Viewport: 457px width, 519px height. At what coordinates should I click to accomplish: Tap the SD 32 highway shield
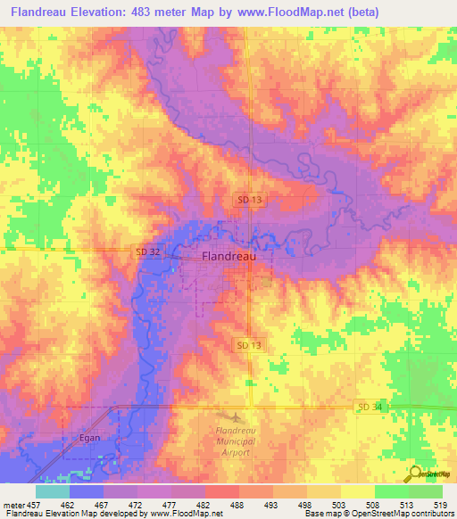click(148, 252)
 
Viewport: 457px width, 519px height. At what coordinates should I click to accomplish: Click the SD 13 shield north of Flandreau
click(250, 201)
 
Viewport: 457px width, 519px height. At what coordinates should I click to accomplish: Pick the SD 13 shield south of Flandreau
click(250, 344)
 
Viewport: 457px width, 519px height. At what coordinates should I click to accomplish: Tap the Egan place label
click(86, 438)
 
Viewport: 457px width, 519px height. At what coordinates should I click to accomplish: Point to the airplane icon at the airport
click(235, 417)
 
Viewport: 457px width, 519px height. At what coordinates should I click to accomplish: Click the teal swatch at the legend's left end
click(52, 491)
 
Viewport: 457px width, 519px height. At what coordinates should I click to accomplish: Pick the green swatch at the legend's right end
click(425, 491)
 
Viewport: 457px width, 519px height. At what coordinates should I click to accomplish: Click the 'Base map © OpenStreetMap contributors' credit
click(379, 515)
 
